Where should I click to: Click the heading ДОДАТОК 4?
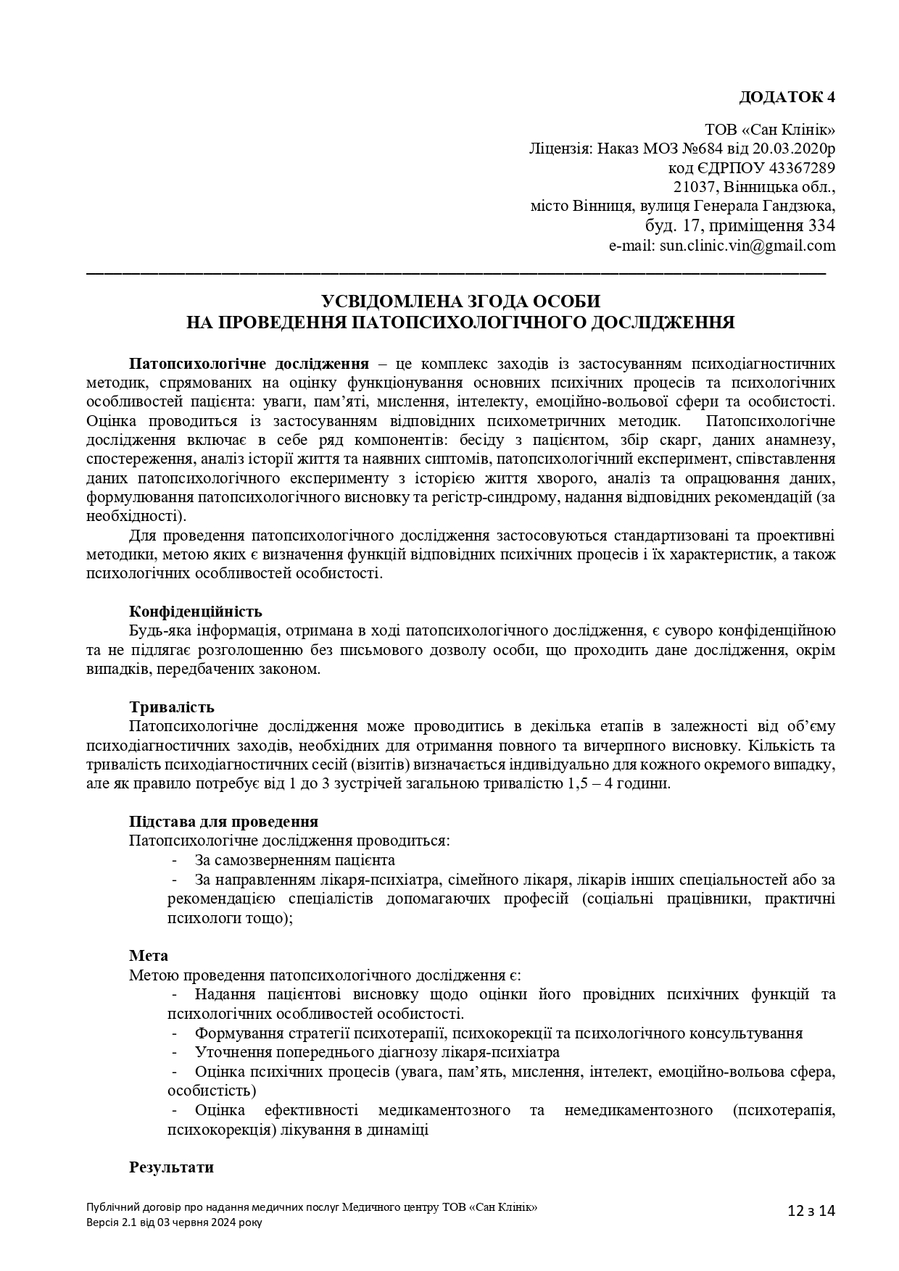pos(787,97)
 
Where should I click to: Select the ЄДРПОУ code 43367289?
pos(800,168)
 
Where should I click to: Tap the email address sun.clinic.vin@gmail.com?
pos(747,246)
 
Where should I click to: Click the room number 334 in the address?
pos(821,225)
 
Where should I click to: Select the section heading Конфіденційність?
pos(195,612)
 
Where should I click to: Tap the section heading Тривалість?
pos(171,707)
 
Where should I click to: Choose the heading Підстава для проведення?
pos(223,822)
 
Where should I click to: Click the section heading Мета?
pos(149,956)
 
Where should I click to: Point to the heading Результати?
pos(171,1167)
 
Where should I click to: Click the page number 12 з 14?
pos(811,1210)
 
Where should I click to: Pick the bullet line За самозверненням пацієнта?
pos(294,860)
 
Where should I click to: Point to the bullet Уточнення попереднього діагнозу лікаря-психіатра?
pos(377,1052)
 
